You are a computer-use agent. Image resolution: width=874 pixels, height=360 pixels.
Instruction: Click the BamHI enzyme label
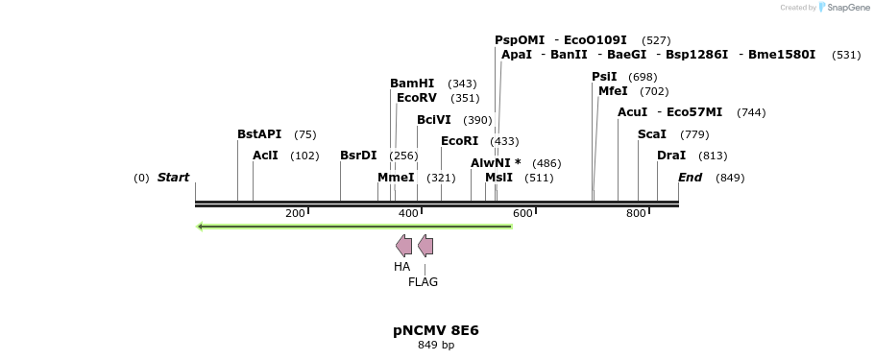point(412,84)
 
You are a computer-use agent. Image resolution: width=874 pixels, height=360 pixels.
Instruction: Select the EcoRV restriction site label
point(417,98)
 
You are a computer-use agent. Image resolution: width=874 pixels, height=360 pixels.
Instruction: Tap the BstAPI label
point(259,134)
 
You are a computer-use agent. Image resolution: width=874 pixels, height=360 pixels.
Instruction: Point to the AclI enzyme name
point(265,156)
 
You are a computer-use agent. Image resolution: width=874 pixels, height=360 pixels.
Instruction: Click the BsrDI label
point(358,156)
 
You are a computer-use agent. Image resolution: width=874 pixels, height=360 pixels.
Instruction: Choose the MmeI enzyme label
point(396,178)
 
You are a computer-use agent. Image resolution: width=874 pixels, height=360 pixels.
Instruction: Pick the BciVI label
point(434,120)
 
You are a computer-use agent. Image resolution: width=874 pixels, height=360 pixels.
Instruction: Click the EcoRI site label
point(459,141)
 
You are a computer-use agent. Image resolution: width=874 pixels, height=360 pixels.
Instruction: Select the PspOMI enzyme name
point(520,40)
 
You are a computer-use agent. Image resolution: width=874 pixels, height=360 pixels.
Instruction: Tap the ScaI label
point(652,134)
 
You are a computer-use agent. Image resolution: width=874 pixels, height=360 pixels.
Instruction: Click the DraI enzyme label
point(671,156)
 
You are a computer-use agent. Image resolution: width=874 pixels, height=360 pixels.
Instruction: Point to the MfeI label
point(613,91)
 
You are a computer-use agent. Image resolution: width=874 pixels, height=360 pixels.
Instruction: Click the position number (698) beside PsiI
point(643,77)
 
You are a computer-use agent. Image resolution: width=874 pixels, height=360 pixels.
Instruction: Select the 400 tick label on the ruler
point(408,213)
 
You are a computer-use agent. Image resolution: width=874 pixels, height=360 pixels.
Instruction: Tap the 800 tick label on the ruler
point(636,213)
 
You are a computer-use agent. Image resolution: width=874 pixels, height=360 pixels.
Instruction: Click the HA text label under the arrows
point(401,267)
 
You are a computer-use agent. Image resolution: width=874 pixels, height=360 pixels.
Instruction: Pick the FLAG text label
point(423,282)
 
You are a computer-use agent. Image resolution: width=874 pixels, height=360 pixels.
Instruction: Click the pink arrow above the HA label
point(403,246)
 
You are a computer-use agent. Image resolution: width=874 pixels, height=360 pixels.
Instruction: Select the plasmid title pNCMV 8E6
point(436,330)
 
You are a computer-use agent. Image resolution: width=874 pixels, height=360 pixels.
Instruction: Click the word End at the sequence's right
point(690,178)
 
